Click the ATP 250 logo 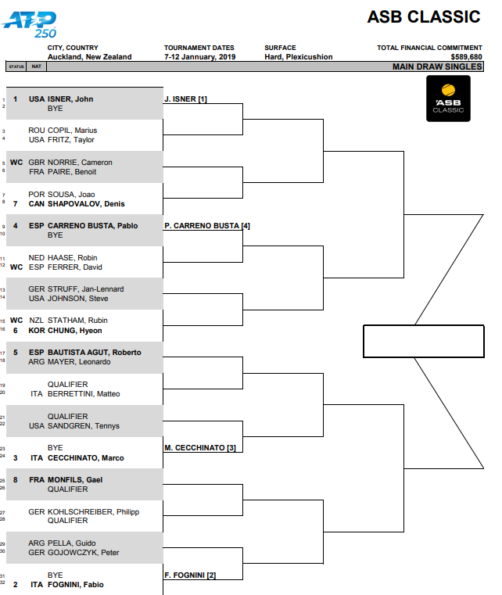click(x=30, y=25)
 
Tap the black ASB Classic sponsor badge click(x=448, y=99)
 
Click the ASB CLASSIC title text click(x=424, y=16)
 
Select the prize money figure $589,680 click(x=466, y=57)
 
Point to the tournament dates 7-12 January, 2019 click(x=199, y=57)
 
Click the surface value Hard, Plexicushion click(x=298, y=57)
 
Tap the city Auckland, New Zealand click(x=90, y=57)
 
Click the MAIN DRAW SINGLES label click(x=437, y=66)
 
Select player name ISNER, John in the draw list click(x=70, y=99)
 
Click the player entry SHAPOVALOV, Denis click(x=86, y=204)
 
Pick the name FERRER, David click(x=75, y=267)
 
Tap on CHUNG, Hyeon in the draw click(x=75, y=331)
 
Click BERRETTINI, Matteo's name click(x=84, y=394)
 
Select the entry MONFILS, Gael click(x=75, y=479)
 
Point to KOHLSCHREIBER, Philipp click(x=93, y=512)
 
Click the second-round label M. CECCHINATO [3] click(x=200, y=448)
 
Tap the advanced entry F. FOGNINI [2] click(x=190, y=575)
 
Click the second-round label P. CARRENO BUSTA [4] click(x=207, y=226)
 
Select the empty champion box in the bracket click(x=424, y=341)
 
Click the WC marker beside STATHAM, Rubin click(x=16, y=321)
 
